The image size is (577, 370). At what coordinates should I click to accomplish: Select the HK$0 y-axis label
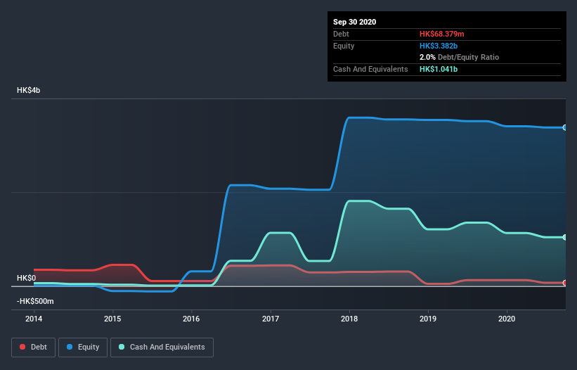[27, 278]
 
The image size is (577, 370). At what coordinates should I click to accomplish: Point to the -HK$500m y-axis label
[36, 301]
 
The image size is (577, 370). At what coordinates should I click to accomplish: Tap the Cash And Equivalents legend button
[162, 347]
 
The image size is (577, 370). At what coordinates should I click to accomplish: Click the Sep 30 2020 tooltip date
[355, 22]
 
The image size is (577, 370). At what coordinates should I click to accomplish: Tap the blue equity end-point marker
[565, 127]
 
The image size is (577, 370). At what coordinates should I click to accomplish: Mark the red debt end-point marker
[565, 283]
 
